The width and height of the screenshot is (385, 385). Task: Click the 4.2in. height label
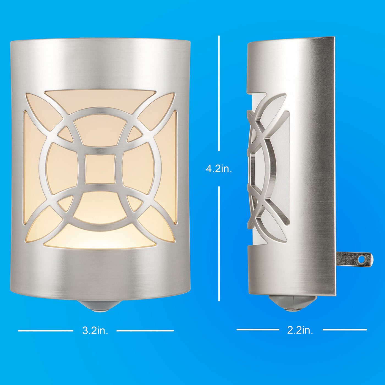219,169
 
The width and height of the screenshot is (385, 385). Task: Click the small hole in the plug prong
361,259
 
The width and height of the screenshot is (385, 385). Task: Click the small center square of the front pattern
100,169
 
